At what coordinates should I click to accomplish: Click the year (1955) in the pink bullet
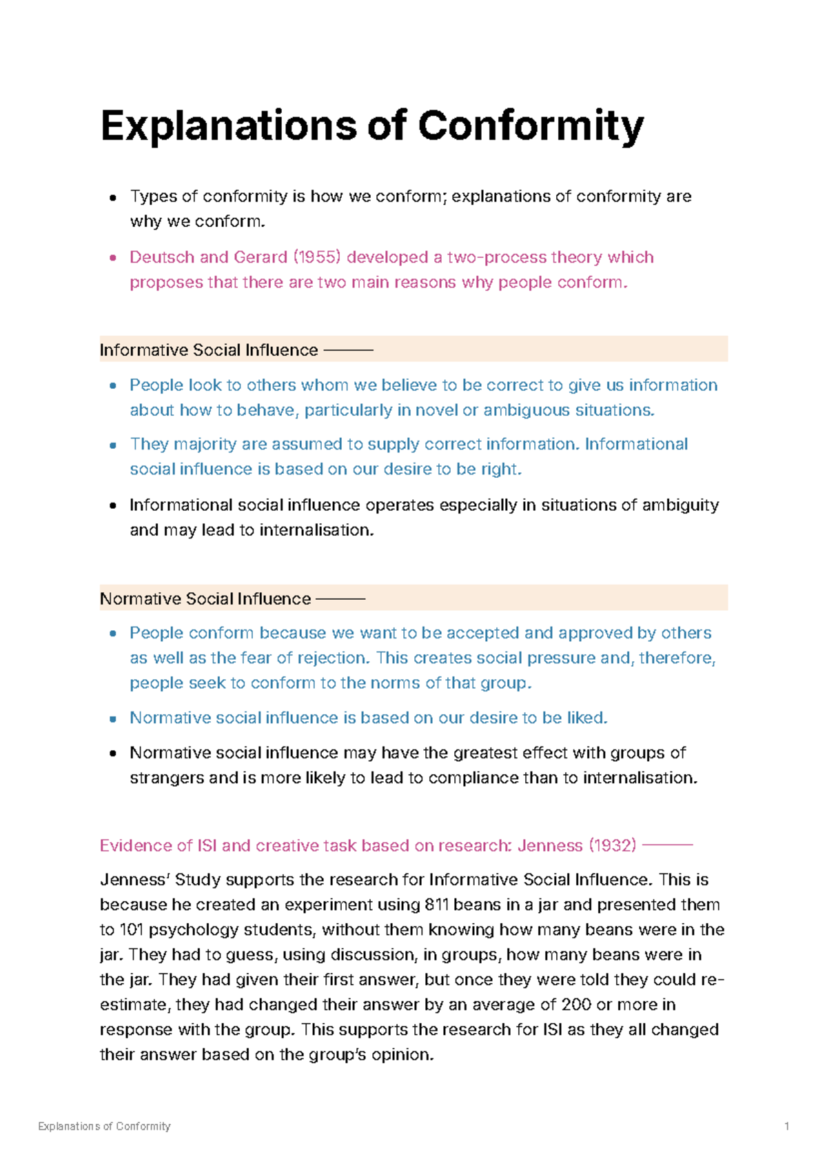coord(317,257)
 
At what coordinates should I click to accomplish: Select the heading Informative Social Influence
coord(208,350)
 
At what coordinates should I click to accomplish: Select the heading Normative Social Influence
coord(205,598)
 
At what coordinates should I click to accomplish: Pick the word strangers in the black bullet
coord(167,778)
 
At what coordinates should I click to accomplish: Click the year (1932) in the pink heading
coord(612,846)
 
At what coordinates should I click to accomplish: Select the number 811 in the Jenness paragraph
coord(437,905)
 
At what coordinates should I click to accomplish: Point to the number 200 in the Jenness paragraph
coord(576,1005)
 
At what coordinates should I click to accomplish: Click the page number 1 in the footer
coord(786,1126)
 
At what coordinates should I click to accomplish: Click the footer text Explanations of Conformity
coord(104,1126)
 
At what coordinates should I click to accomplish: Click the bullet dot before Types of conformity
coord(113,198)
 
